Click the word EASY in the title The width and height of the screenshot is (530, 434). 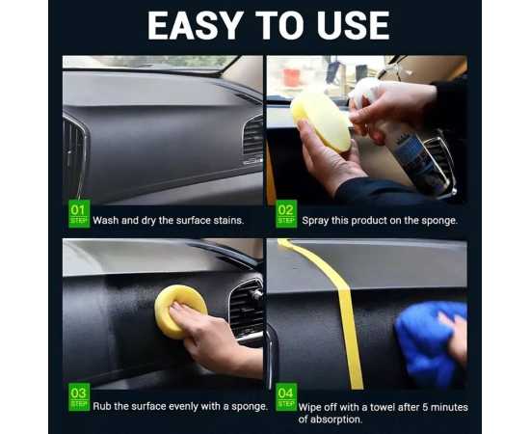click(196, 26)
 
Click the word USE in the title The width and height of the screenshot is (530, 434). click(354, 26)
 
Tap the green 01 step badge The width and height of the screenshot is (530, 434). click(79, 213)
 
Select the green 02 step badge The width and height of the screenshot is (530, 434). click(286, 213)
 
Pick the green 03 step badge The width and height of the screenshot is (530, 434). click(79, 396)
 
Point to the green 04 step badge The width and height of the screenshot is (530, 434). click(286, 396)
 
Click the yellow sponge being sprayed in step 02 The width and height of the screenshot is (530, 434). click(321, 121)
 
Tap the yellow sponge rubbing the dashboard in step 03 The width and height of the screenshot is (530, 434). click(180, 311)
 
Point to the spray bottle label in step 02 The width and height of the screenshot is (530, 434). click(419, 159)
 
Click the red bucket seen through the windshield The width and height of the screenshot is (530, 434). click(291, 78)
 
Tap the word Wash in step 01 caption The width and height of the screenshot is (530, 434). click(106, 220)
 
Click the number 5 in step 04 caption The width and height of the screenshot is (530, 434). click(425, 407)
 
